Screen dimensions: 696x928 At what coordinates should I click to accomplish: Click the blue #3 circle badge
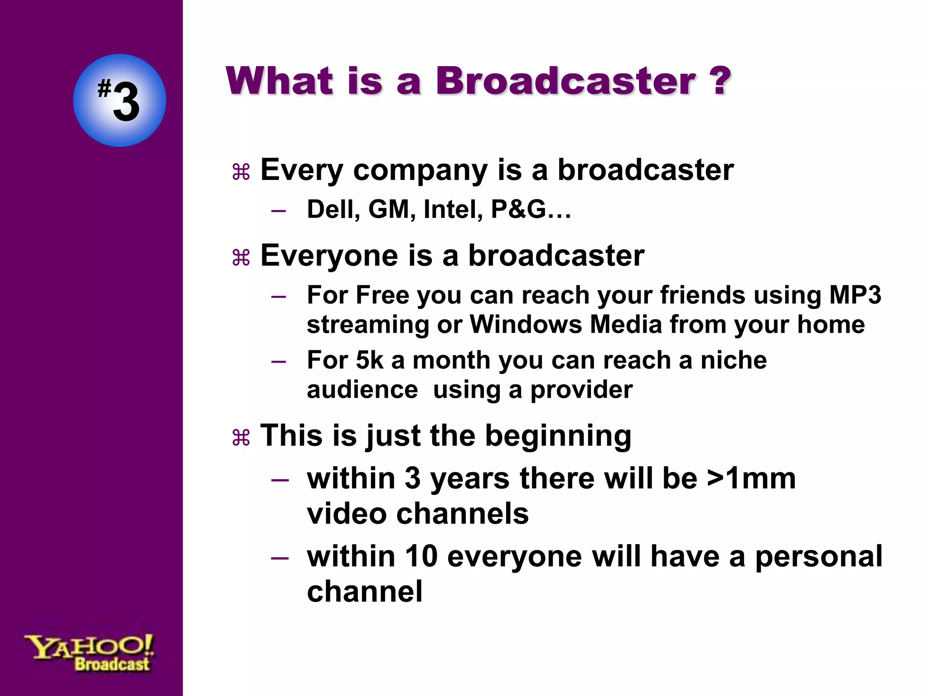[120, 100]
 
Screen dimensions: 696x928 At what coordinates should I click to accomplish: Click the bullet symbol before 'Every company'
[241, 172]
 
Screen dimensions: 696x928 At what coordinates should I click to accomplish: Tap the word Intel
[452, 210]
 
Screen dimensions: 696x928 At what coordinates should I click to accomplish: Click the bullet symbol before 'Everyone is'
[241, 258]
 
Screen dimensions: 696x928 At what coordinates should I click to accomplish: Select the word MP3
[855, 295]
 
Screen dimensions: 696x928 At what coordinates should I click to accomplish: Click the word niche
[734, 360]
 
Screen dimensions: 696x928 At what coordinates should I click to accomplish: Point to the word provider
[581, 390]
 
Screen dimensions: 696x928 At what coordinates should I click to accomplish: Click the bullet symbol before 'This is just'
[241, 438]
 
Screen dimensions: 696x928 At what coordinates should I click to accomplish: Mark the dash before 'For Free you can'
[279, 297]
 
